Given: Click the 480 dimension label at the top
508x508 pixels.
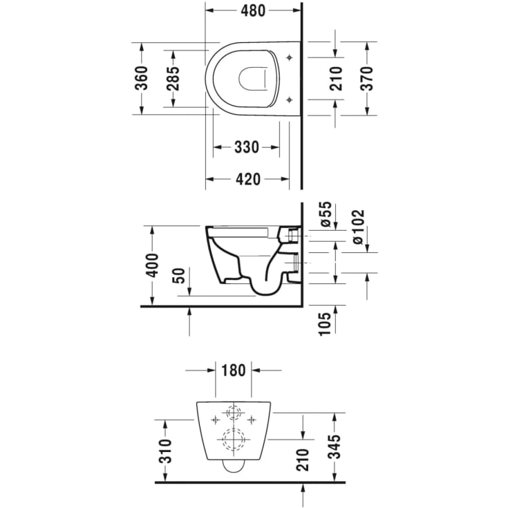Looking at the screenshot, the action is point(253,10).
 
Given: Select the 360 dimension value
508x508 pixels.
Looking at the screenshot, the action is point(142,78).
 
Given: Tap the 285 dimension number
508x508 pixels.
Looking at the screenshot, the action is point(173,78).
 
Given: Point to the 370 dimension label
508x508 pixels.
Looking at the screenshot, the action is point(367,78).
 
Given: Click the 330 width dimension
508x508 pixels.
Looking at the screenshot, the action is point(247,147).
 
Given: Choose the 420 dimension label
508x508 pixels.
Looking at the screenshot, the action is point(248,179).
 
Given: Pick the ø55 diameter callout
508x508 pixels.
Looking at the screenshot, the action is point(326,214).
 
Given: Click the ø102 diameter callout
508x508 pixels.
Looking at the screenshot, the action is point(358,227).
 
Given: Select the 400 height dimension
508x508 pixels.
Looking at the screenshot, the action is point(152,265).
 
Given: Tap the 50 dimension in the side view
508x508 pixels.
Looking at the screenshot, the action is point(179,276).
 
